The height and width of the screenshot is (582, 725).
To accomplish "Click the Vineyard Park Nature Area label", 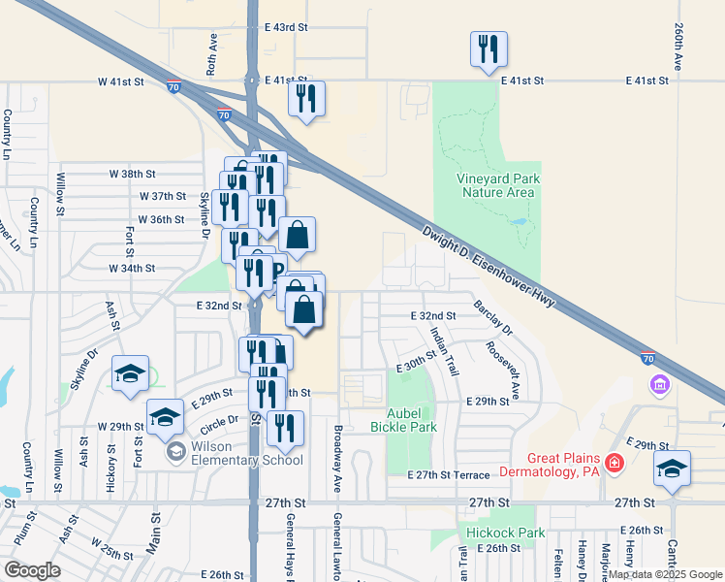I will click(497, 185).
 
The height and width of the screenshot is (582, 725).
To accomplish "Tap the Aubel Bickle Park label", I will click(404, 420).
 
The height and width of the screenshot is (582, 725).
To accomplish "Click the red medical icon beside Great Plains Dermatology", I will click(613, 464).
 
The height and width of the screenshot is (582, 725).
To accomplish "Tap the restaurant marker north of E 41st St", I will click(488, 48).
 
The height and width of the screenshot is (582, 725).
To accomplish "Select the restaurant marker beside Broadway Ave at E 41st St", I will click(306, 98).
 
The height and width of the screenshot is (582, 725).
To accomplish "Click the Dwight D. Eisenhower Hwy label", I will click(488, 267).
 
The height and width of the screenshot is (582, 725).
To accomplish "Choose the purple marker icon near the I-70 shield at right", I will click(661, 385).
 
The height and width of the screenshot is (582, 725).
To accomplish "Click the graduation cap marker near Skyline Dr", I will click(130, 374).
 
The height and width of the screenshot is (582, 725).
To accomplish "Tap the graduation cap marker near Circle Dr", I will click(165, 417).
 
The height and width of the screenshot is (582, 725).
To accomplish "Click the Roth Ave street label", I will click(212, 52).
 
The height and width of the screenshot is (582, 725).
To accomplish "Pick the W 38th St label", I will click(132, 174).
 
